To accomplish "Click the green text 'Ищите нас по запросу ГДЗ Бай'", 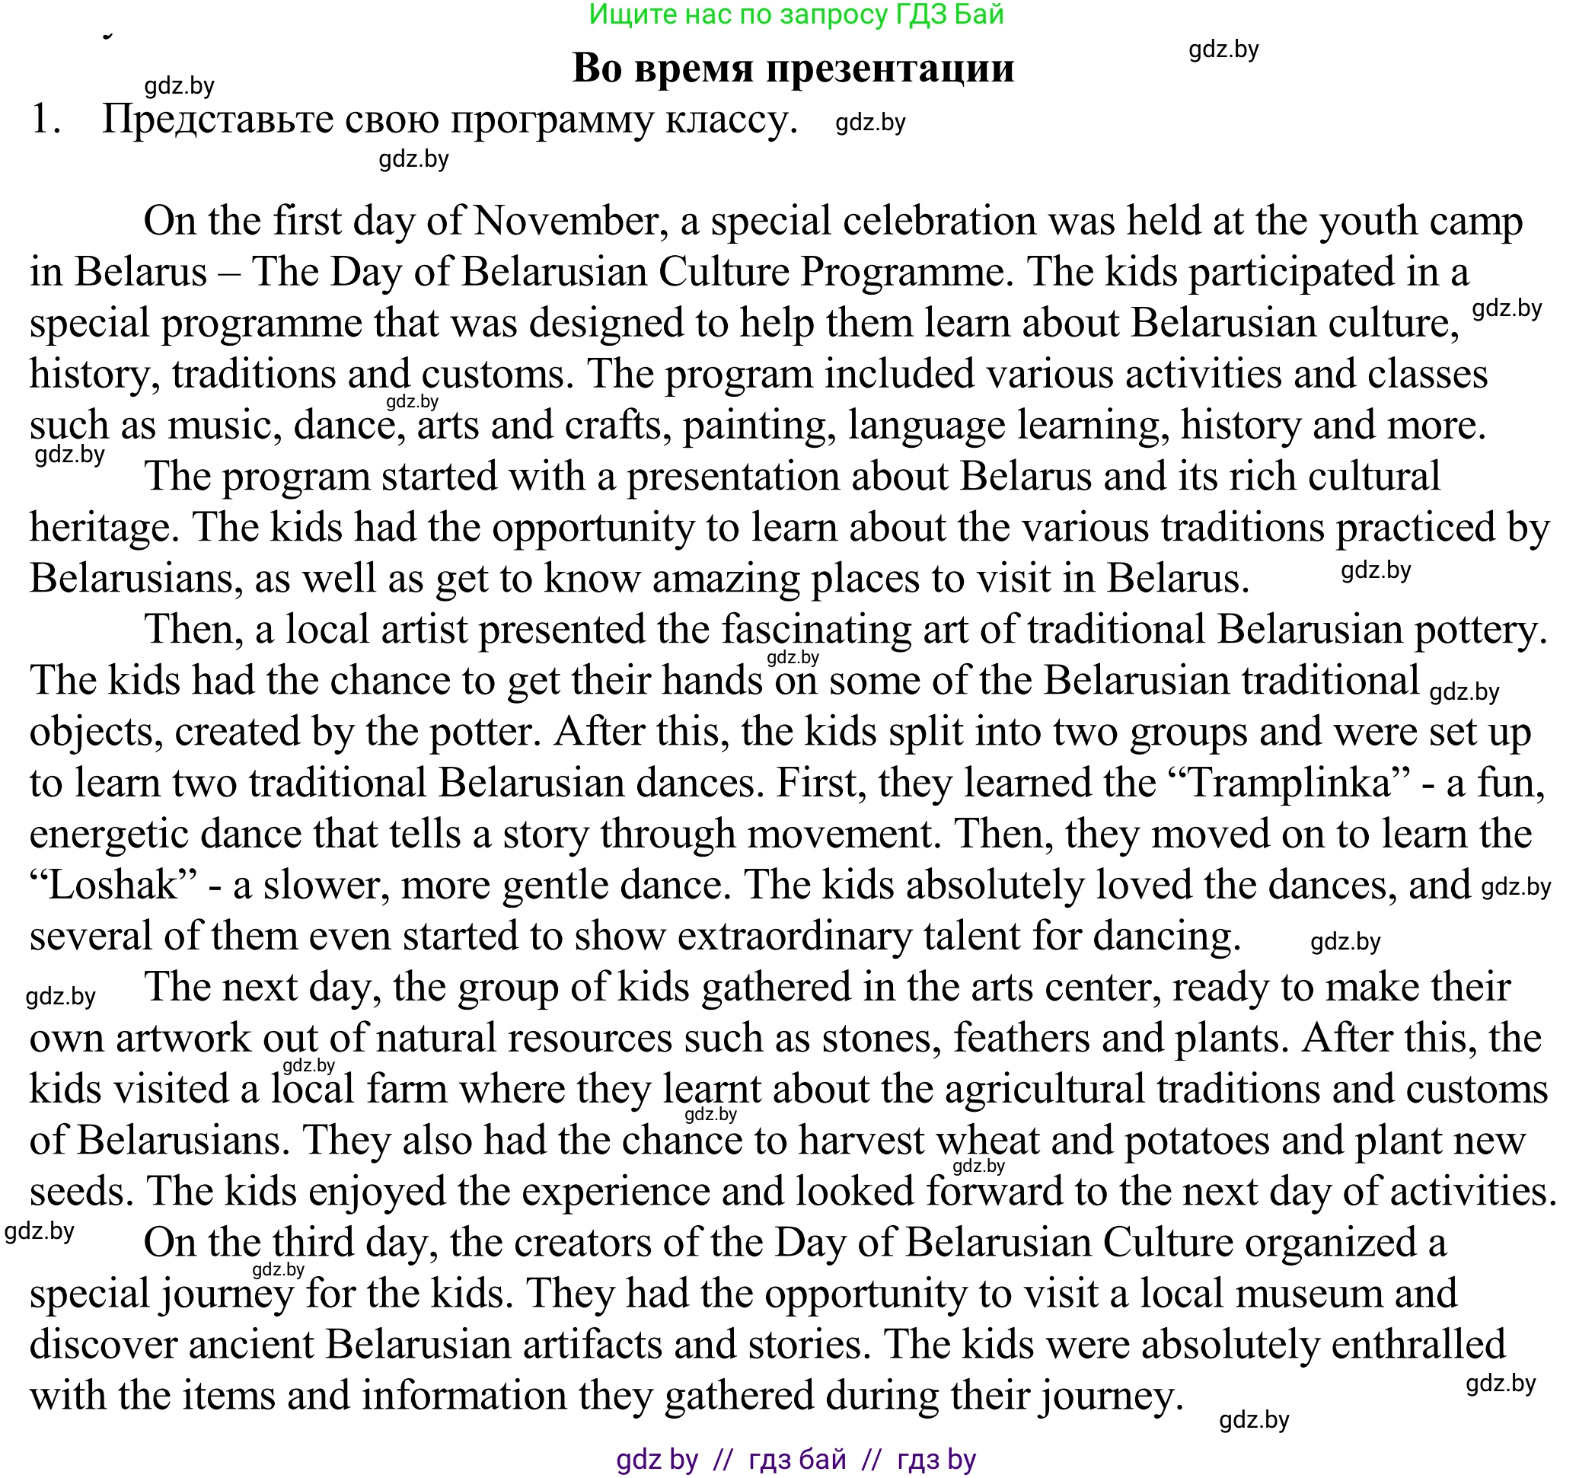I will tap(796, 14).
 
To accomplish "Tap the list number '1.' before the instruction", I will tap(46, 120).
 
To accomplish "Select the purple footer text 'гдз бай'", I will tap(797, 1460).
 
